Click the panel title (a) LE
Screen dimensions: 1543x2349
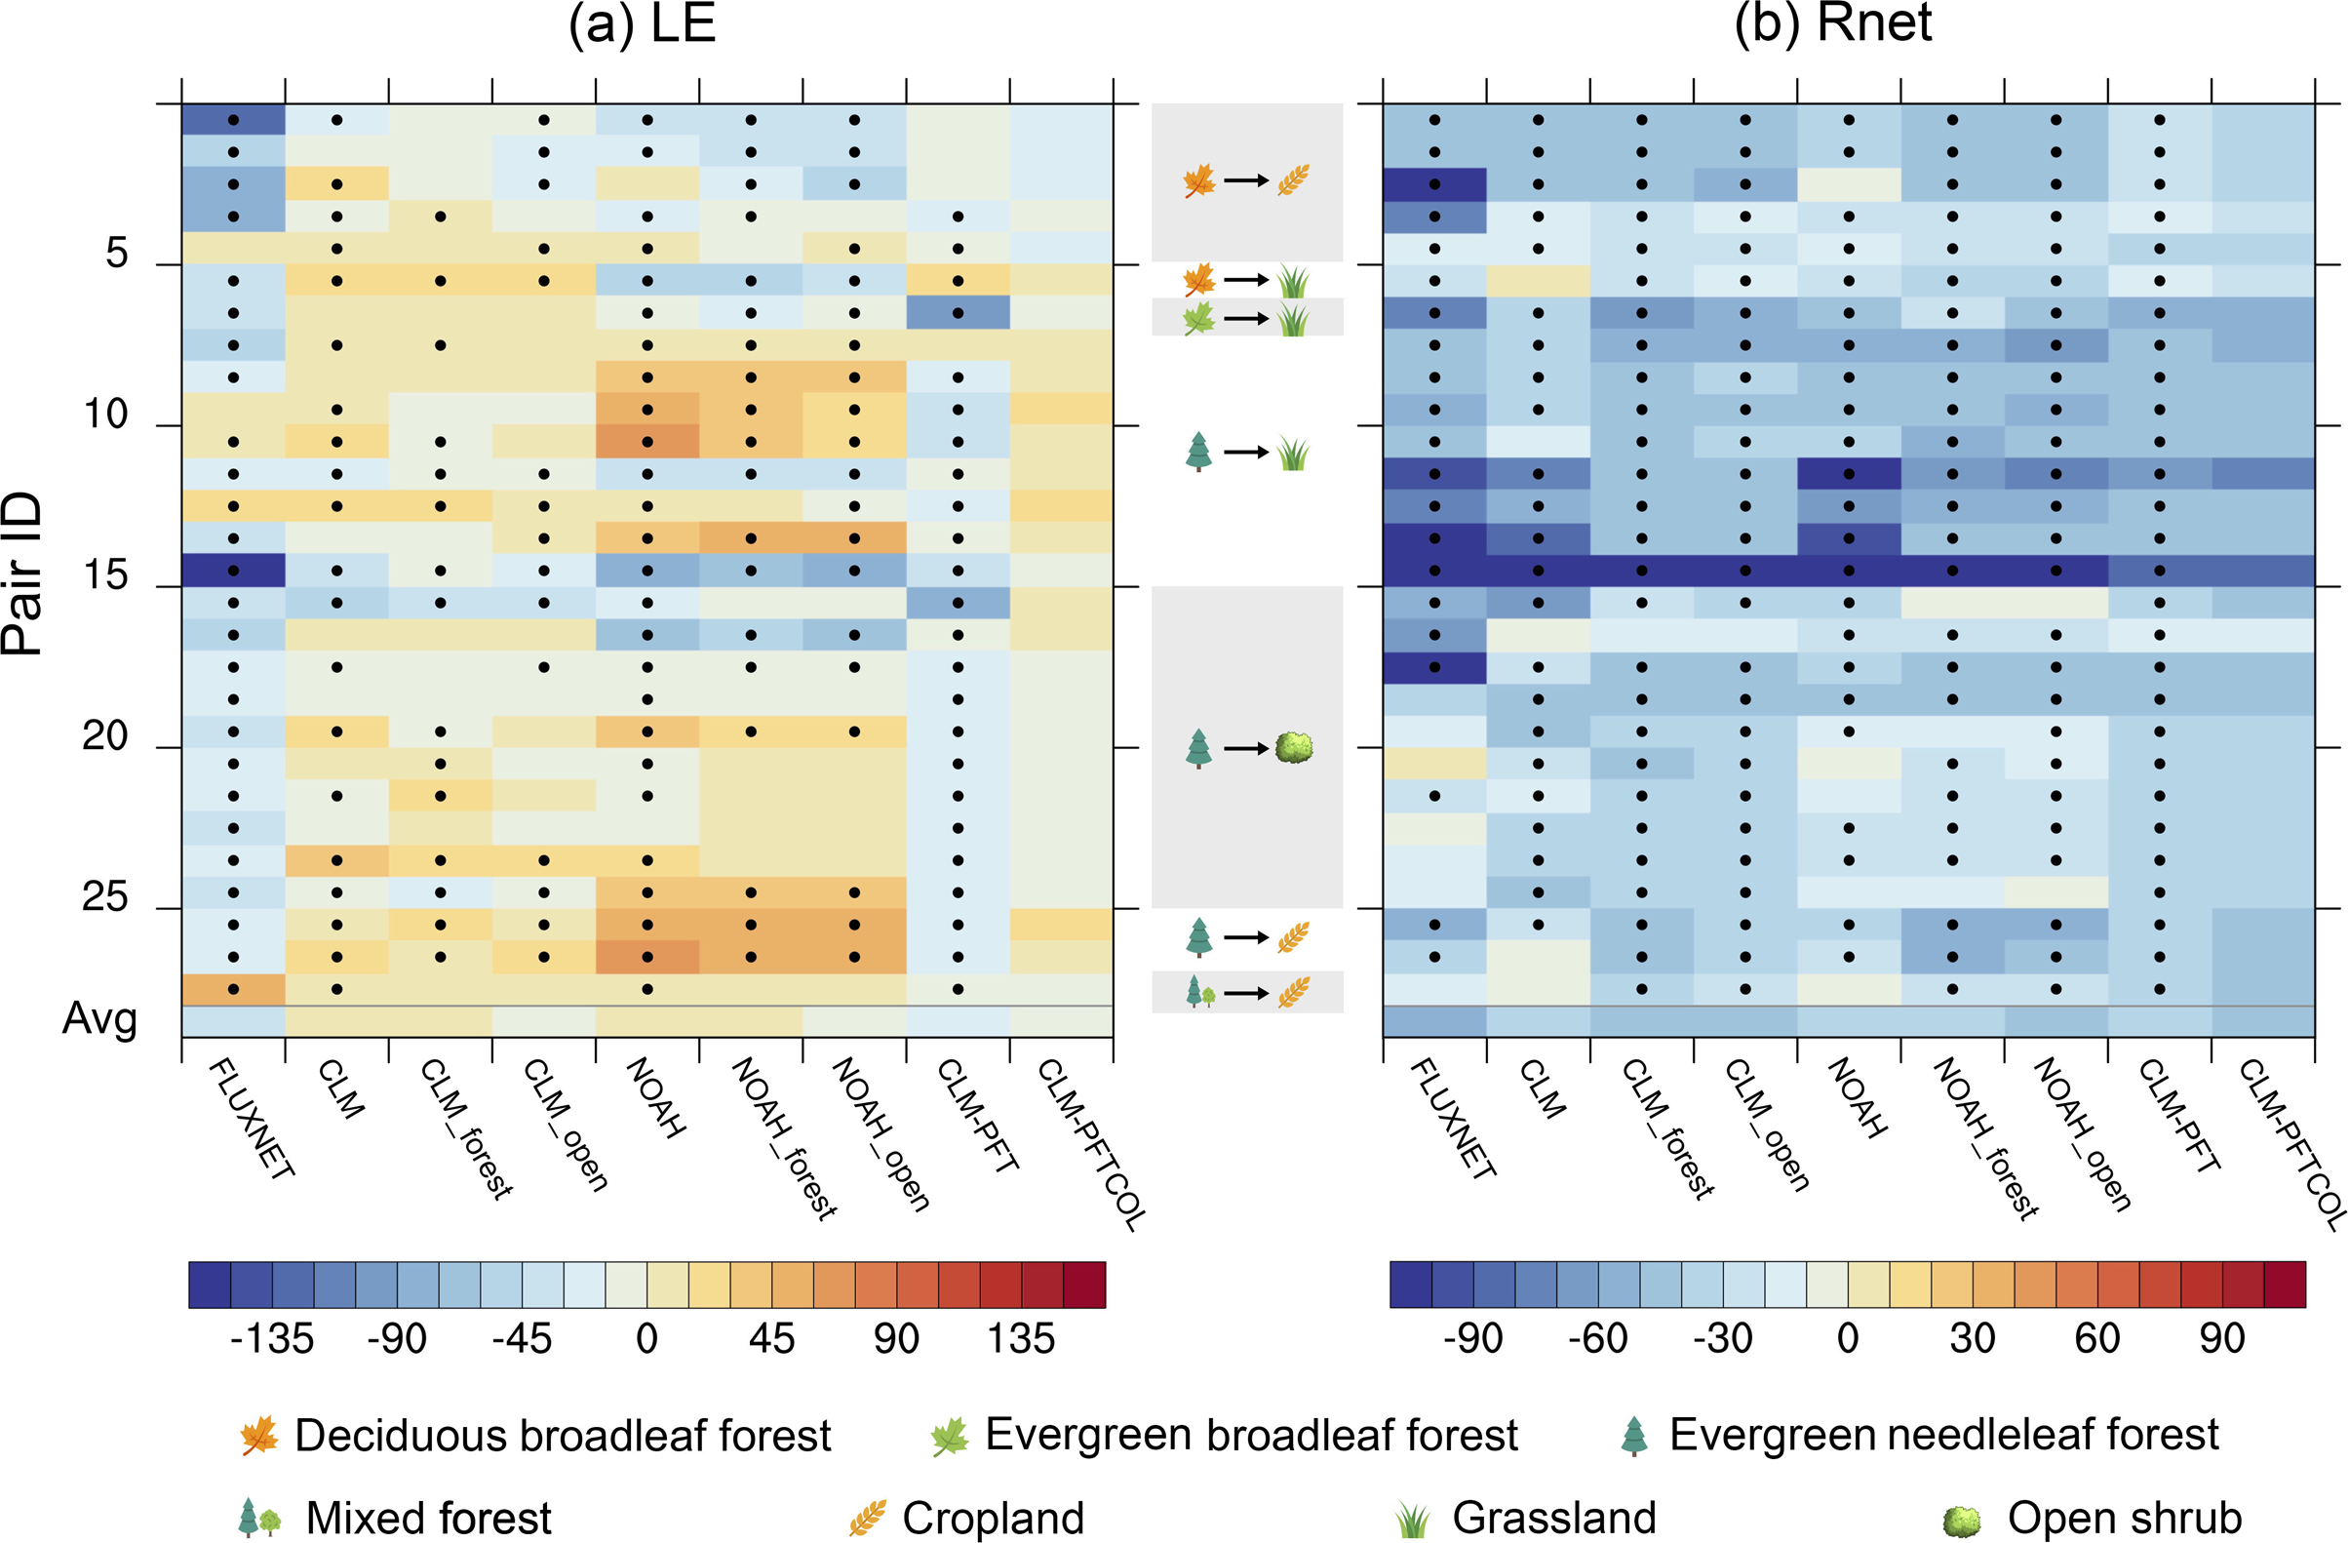click(x=642, y=23)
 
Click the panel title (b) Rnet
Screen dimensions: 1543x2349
click(x=1832, y=23)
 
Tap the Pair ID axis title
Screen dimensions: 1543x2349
click(x=23, y=573)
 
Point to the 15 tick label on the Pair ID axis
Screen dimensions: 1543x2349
click(x=104, y=575)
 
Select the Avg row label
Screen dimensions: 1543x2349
click(x=98, y=1018)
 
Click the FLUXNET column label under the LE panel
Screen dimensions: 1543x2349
click(x=253, y=1119)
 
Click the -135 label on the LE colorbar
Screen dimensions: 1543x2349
click(x=271, y=1339)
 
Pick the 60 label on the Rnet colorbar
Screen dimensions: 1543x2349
click(x=2096, y=1338)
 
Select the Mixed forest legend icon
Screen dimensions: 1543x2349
click(x=259, y=1519)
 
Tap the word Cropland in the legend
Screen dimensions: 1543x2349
click(x=993, y=1519)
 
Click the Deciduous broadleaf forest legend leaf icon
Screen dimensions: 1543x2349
click(x=259, y=1436)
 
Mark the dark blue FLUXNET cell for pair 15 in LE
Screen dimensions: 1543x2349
click(x=233, y=571)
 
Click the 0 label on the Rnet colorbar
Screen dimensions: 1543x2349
click(x=1848, y=1338)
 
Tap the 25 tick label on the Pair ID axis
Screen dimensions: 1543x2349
click(x=104, y=897)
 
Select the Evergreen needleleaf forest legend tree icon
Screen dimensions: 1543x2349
click(x=1634, y=1436)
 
